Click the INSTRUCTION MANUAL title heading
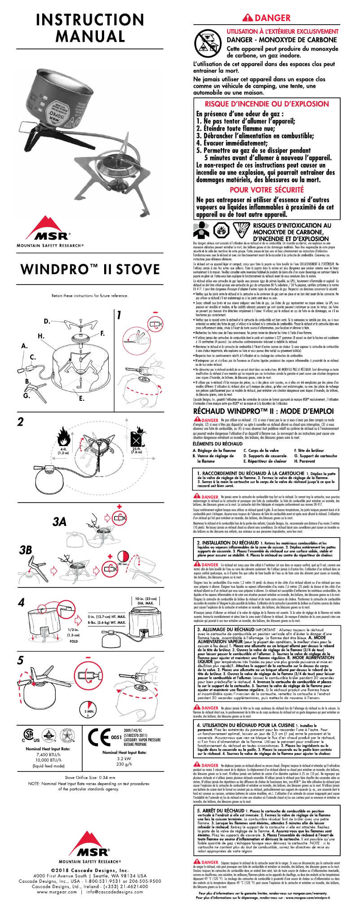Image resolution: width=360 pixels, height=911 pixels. coord(90,27)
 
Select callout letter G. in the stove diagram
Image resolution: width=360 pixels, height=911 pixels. coord(26,395)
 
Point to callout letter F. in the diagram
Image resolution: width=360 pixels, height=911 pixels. coord(103,333)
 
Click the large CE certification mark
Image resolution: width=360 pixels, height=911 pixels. coord(98,736)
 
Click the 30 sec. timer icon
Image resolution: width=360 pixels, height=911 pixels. coord(123,564)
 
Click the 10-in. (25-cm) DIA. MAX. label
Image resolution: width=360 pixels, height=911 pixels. coord(146,601)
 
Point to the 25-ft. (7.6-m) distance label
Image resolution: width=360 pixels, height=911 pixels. coord(136,451)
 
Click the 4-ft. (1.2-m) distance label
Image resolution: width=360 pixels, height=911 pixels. coord(64,451)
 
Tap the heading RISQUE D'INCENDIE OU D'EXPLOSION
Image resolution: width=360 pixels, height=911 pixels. coord(267,104)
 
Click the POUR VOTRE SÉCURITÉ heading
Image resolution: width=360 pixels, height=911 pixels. coord(267,190)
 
